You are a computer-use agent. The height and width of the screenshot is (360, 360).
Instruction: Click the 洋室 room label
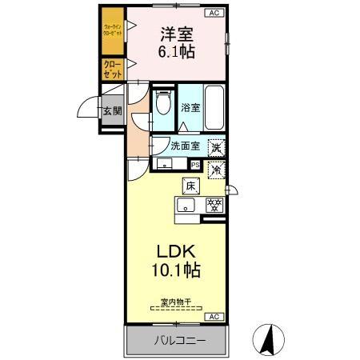pos(177,35)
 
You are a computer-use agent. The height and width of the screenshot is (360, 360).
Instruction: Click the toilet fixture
pos(163,104)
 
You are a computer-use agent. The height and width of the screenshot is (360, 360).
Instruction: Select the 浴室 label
pos(190,108)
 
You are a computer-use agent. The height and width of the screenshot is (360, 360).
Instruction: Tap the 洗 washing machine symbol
pos(216,147)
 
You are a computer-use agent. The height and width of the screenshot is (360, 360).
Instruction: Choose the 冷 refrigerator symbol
pos(216,169)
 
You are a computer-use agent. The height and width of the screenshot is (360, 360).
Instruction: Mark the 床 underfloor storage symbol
pos(191,186)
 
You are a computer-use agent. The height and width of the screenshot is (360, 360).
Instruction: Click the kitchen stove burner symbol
pos(214,204)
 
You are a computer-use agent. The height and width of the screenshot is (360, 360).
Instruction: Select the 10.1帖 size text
pos(177,270)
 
